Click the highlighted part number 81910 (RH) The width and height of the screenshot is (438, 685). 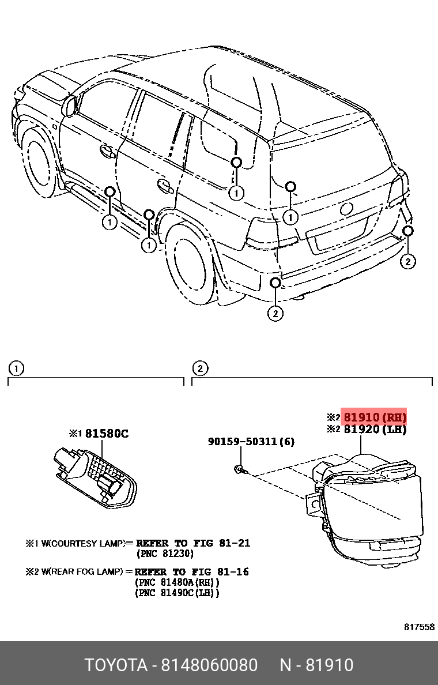click(375, 417)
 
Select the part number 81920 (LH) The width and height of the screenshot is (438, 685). click(375, 430)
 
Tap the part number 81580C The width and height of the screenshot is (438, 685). click(107, 434)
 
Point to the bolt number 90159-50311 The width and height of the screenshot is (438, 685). click(251, 442)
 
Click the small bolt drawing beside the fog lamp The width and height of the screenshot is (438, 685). click(241, 470)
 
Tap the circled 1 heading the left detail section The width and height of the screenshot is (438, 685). click(16, 368)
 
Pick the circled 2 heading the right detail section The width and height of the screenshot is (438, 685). click(199, 368)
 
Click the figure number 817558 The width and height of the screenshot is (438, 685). click(418, 627)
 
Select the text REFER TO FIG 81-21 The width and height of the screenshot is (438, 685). click(193, 543)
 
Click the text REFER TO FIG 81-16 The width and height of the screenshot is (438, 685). click(192, 572)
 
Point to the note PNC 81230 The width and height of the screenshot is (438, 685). click(165, 554)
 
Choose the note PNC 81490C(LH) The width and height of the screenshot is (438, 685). click(178, 593)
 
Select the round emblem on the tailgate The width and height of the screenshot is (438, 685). click(347, 209)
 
